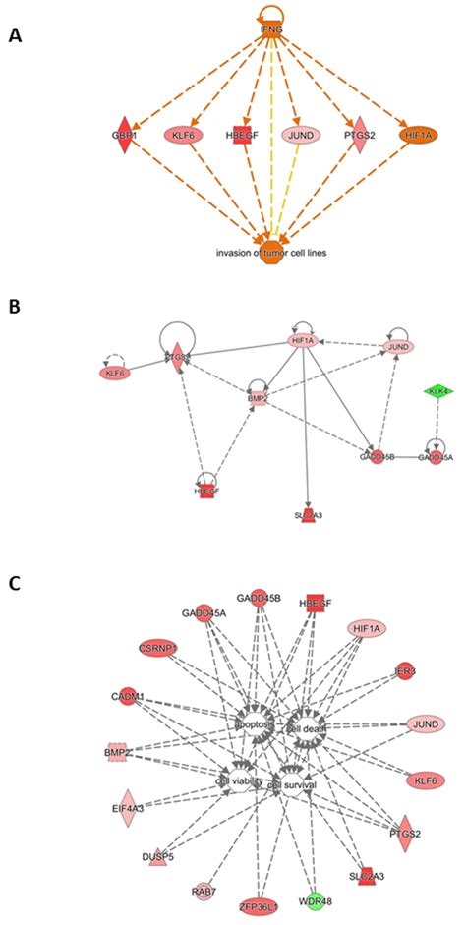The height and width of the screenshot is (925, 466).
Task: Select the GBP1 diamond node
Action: click(x=123, y=134)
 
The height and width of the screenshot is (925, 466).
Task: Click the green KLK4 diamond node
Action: click(x=436, y=391)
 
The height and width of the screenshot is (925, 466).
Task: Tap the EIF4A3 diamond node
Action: click(x=126, y=808)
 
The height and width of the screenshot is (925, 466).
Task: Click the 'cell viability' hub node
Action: click(x=236, y=780)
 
